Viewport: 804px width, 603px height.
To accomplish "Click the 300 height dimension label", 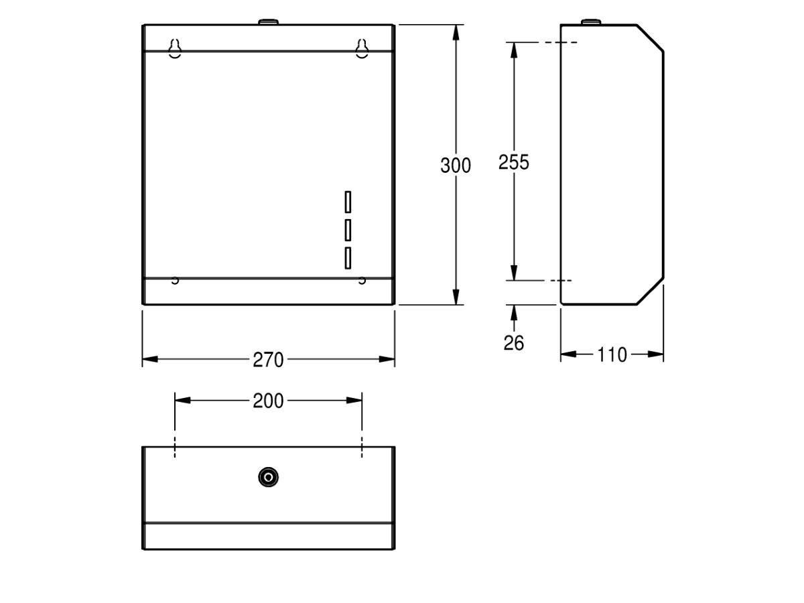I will (456, 165).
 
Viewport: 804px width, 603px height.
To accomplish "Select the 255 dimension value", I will (513, 162).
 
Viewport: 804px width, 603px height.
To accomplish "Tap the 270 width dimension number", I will (268, 360).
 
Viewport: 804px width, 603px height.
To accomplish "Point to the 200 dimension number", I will (268, 401).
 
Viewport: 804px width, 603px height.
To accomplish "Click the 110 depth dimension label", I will (612, 354).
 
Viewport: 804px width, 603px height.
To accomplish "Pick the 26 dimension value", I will (514, 343).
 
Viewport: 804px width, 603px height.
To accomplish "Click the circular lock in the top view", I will (268, 477).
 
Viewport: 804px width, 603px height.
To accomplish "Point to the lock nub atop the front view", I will (268, 22).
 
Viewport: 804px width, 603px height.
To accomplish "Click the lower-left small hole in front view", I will (175, 280).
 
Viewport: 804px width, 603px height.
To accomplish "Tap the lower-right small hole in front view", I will (362, 280).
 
